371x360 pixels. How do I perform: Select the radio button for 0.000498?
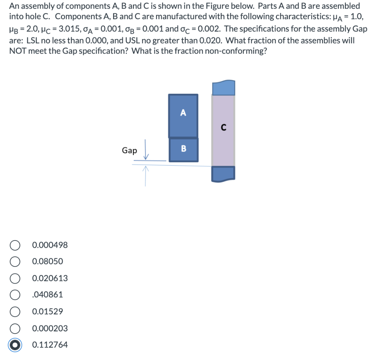tap(15, 245)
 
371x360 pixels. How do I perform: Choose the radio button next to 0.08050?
tap(15, 261)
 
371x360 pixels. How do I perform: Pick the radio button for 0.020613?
tap(15, 278)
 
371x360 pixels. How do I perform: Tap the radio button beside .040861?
tap(15, 295)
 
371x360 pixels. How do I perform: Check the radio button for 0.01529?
tap(15, 311)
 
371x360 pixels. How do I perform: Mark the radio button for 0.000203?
tap(15, 328)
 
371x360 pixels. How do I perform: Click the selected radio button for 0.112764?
tap(15, 345)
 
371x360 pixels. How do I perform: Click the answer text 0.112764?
tap(50, 345)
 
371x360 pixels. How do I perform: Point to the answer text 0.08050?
tap(47, 261)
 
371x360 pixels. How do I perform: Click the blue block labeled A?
tap(183, 116)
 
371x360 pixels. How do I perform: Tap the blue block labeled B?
tap(183, 149)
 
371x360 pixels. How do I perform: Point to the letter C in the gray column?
tap(223, 127)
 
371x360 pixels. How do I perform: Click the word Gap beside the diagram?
tap(129, 150)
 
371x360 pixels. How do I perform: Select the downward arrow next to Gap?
tap(146, 149)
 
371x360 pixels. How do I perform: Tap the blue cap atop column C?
tap(223, 88)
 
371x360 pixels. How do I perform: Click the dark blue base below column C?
tap(223, 173)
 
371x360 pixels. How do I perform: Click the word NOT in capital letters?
tap(18, 51)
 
